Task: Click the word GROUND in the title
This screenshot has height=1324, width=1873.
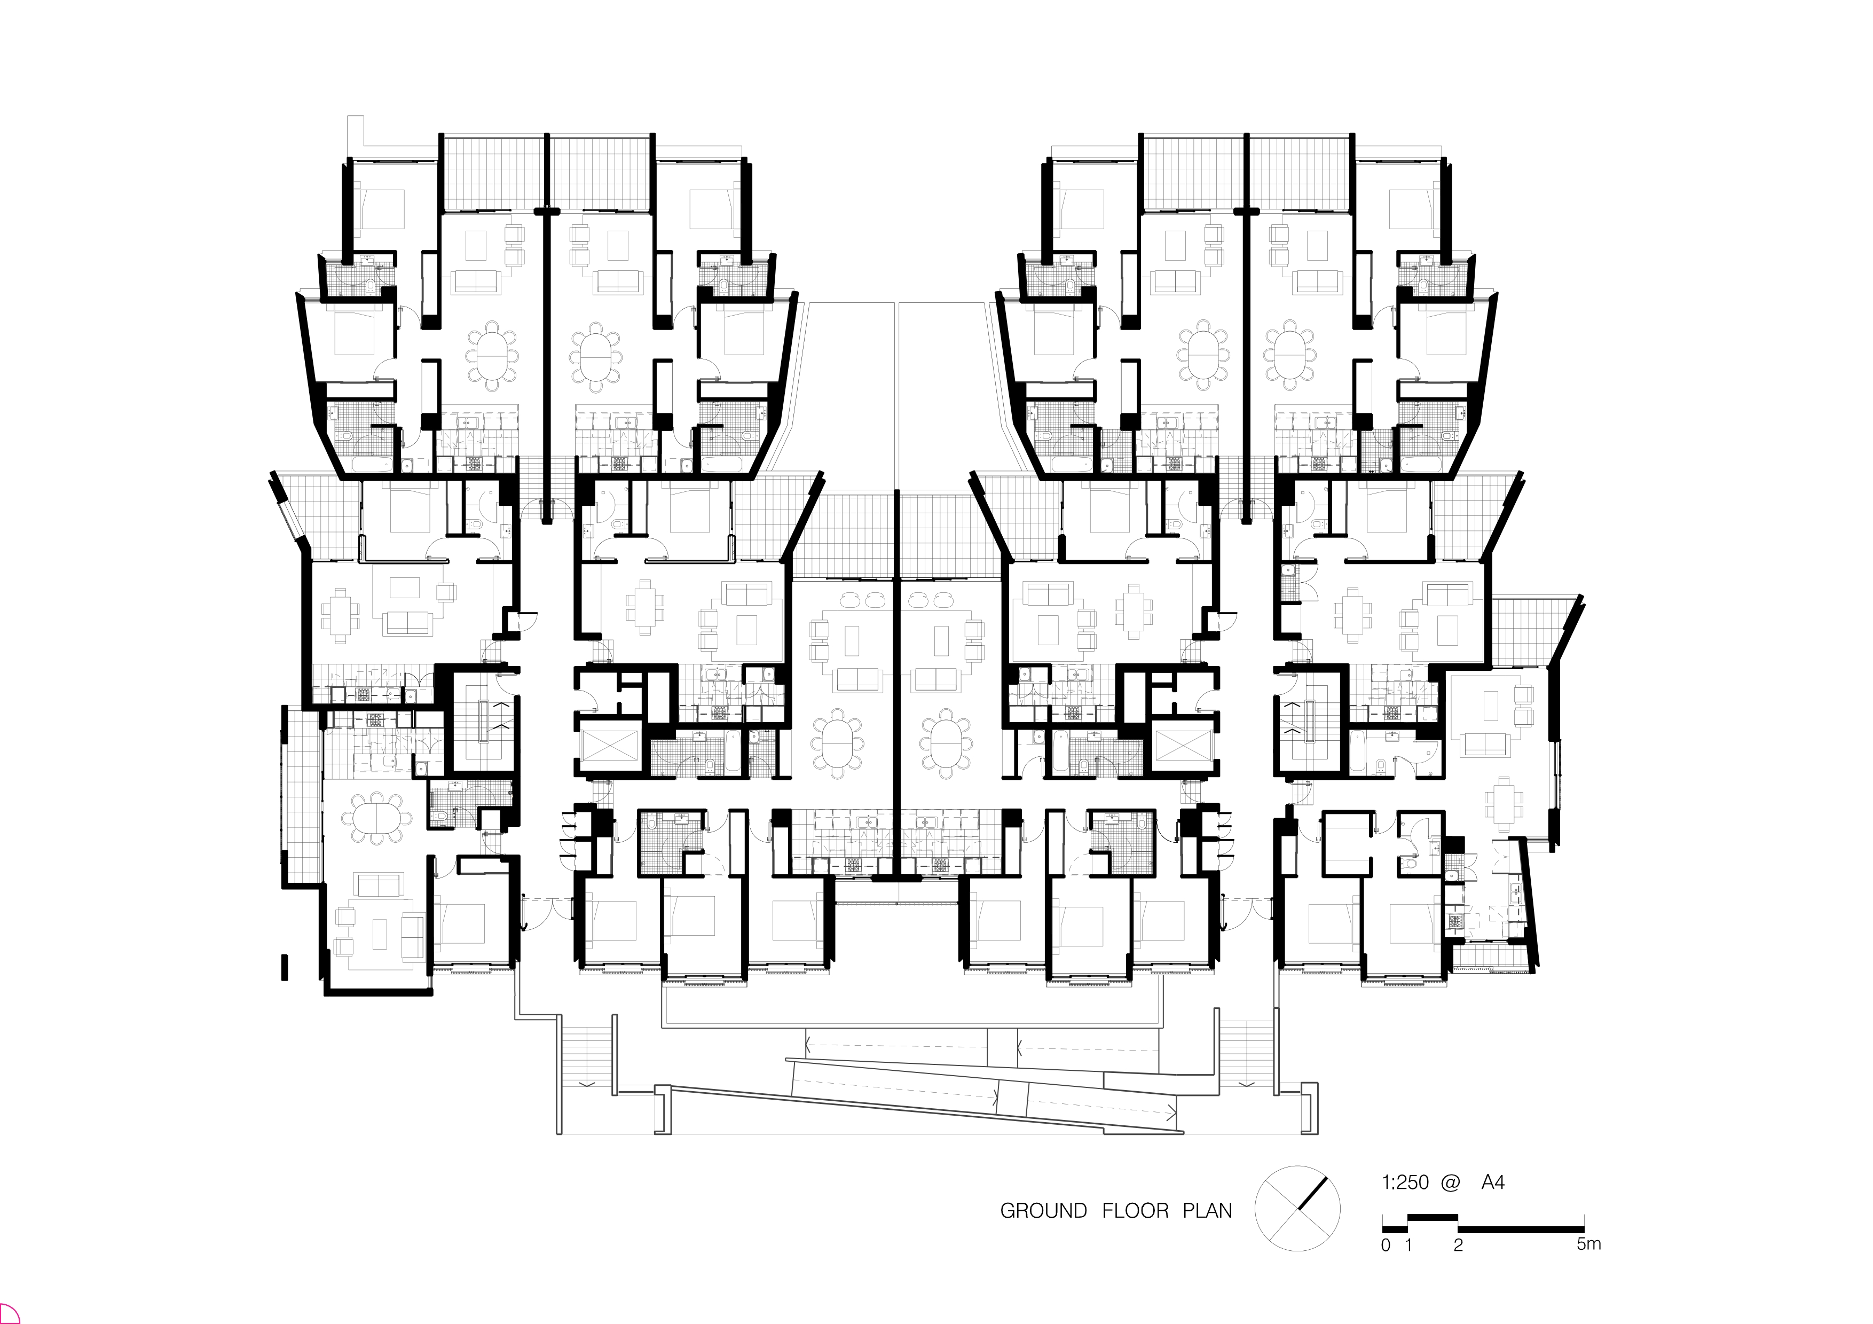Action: point(1043,1211)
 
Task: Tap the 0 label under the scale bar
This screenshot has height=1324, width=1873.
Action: point(1385,1245)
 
